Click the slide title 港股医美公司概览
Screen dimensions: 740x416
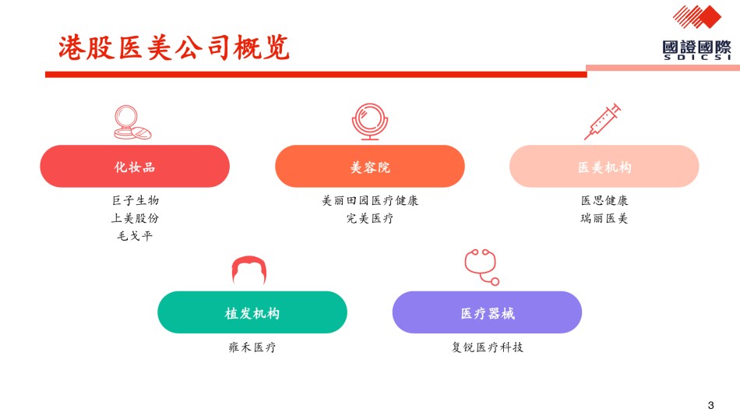(174, 48)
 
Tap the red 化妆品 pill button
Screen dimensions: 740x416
(135, 166)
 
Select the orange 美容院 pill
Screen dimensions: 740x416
(369, 166)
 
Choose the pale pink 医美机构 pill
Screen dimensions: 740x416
(604, 166)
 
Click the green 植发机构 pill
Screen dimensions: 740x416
(252, 312)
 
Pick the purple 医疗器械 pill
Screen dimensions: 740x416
(487, 312)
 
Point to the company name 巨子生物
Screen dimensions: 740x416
(136, 200)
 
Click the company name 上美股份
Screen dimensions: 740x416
(135, 218)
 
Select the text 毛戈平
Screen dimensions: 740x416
(135, 235)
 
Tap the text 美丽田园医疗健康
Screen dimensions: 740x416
(370, 200)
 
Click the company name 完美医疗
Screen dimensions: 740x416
(369, 218)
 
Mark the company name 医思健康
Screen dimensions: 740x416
(604, 200)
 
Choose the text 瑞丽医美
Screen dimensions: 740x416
(604, 218)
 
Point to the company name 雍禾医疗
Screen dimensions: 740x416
(252, 347)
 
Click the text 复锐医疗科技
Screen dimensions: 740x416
(487, 347)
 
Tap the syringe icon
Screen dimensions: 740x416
(602, 122)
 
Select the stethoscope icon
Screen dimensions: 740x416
(481, 266)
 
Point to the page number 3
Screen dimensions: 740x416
(710, 405)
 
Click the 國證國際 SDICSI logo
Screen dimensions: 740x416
(697, 33)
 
